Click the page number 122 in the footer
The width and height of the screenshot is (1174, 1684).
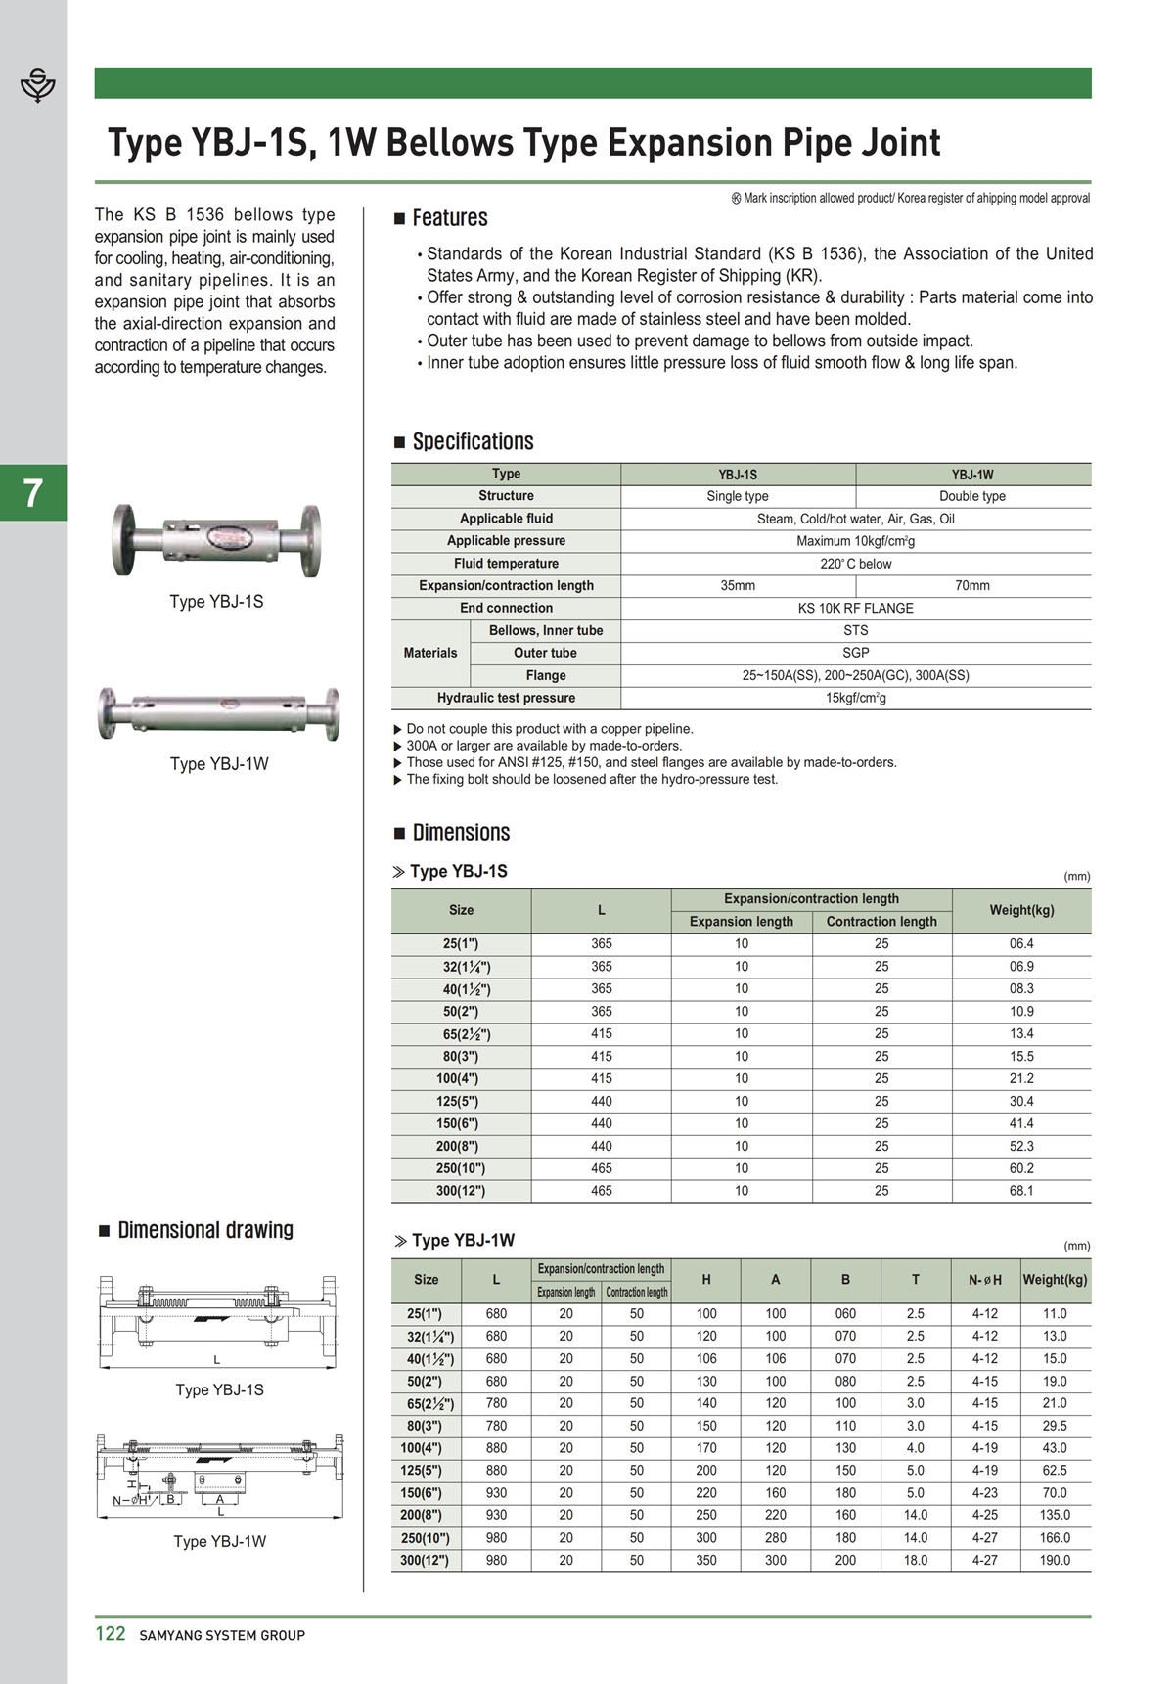pyautogui.click(x=110, y=1634)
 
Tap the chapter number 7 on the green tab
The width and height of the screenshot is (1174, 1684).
pyautogui.click(x=33, y=493)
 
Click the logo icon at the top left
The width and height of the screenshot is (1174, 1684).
pyautogui.click(x=38, y=85)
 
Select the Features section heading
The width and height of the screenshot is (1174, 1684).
pyautogui.click(x=449, y=218)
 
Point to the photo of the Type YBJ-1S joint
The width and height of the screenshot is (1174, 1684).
pyautogui.click(x=216, y=540)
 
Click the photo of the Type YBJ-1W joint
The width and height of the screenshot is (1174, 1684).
pyautogui.click(x=218, y=712)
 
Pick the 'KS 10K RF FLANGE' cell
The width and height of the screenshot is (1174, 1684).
pyautogui.click(x=855, y=609)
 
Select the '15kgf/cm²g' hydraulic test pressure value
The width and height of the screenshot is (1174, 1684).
pyautogui.click(x=855, y=699)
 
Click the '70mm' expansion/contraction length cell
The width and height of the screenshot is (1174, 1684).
pyautogui.click(x=971, y=586)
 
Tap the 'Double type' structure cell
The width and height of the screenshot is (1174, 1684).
pyautogui.click(x=971, y=496)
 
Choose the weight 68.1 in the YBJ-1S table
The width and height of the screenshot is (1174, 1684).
pyautogui.click(x=1020, y=1191)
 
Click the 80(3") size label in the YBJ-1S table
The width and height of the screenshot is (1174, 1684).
pyautogui.click(x=461, y=1057)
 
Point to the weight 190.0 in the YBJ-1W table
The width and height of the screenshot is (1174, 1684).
pyautogui.click(x=1054, y=1561)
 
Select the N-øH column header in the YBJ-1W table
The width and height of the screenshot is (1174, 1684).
pyautogui.click(x=984, y=1280)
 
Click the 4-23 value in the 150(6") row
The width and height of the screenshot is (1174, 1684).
pyautogui.click(x=984, y=1493)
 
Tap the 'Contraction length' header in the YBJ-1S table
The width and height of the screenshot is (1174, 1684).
pyautogui.click(x=880, y=922)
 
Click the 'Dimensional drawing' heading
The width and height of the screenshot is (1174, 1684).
pyautogui.click(x=205, y=1230)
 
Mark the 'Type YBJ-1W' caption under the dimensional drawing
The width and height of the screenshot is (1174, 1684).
pyautogui.click(x=219, y=1542)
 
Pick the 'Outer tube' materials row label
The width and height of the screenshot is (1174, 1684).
pyautogui.click(x=545, y=654)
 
